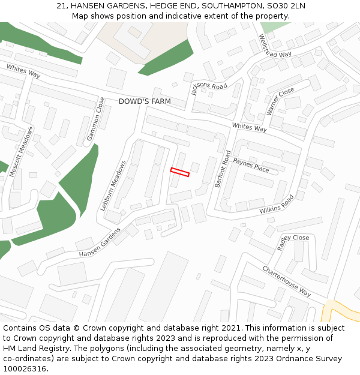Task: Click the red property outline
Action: pos(180,172)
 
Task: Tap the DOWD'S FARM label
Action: pos(145,101)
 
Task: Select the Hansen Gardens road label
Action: pos(100,242)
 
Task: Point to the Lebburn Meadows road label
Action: pos(113,186)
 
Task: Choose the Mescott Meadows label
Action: pos(21,152)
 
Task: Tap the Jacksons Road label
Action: pos(209,86)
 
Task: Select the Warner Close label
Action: pos(281,101)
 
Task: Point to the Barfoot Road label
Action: pos(223,169)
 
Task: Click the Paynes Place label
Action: pos(251,164)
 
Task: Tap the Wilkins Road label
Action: pos(277,205)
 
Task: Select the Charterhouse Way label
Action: pos(286,281)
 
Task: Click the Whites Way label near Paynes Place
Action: pos(249,128)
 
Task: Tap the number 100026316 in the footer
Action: pos(25,368)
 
